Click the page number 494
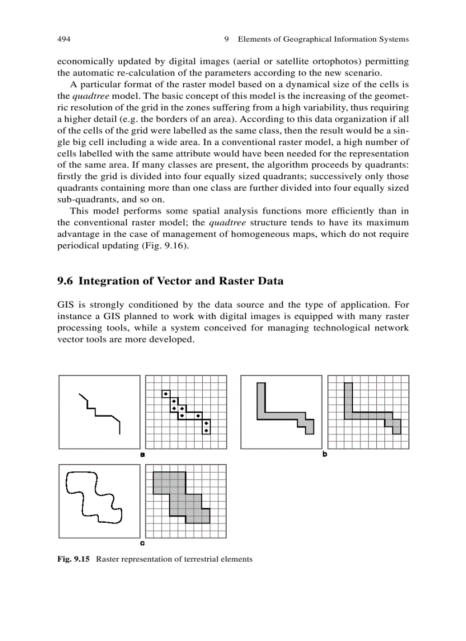click(63, 39)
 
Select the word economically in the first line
click(83, 61)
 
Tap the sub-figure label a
click(142, 455)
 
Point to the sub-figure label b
click(324, 455)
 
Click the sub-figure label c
click(142, 543)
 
